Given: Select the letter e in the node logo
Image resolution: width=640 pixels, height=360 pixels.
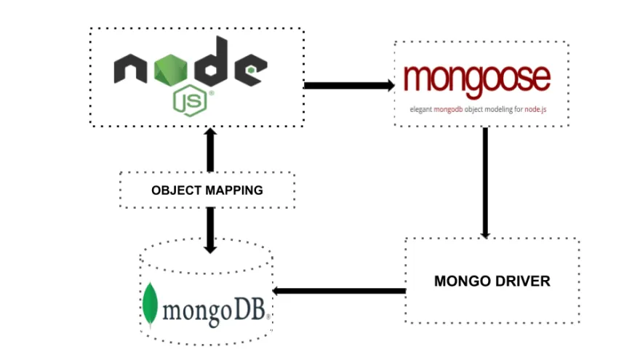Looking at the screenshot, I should point(250,71).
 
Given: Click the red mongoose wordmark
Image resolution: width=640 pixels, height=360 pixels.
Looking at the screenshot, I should point(478,78).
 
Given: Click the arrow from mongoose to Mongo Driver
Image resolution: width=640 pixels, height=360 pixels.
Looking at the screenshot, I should point(485,183).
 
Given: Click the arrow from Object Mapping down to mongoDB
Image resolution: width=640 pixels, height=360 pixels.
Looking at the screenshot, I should point(211,229).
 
